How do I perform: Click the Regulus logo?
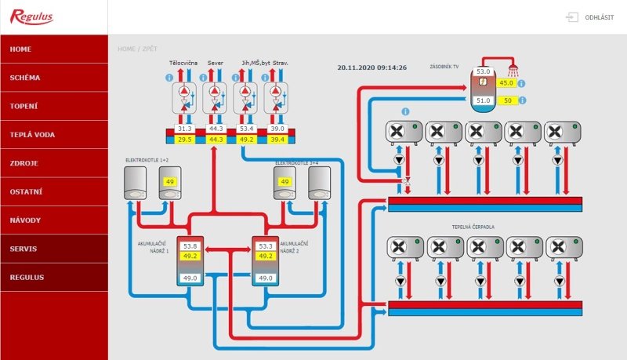tap(31, 16)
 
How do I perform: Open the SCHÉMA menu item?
tap(25, 78)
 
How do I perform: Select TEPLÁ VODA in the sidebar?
tap(32, 135)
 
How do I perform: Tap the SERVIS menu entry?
tap(24, 249)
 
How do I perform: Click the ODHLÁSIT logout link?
tap(599, 17)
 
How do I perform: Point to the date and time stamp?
tap(371, 67)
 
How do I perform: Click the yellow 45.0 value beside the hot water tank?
tap(506, 83)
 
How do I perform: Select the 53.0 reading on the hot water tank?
tap(483, 71)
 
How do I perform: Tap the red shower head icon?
tap(513, 71)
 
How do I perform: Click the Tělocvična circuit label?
tap(183, 63)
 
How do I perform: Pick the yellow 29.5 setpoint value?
tap(185, 140)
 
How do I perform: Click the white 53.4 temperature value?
tap(246, 129)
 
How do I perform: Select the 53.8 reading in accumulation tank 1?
tap(190, 246)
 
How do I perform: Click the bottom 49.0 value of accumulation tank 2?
tap(266, 278)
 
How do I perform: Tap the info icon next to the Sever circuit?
tap(203, 77)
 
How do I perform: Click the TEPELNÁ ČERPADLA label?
tap(473, 227)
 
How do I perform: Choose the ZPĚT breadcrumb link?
tap(150, 49)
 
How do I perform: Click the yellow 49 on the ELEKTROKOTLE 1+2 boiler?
tap(170, 182)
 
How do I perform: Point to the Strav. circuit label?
tap(281, 63)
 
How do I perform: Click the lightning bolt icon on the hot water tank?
tap(483, 82)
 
